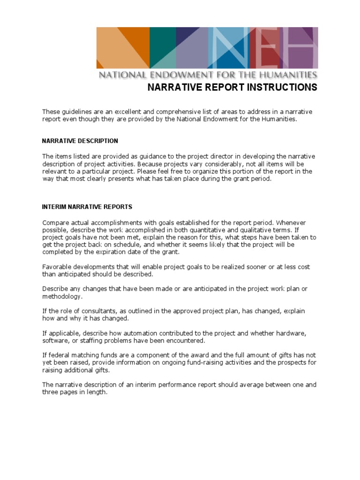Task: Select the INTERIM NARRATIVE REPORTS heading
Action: click(87, 206)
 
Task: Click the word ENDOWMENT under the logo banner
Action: click(171, 75)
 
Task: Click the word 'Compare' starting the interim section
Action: click(56, 222)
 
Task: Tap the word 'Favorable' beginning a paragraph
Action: click(56, 267)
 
